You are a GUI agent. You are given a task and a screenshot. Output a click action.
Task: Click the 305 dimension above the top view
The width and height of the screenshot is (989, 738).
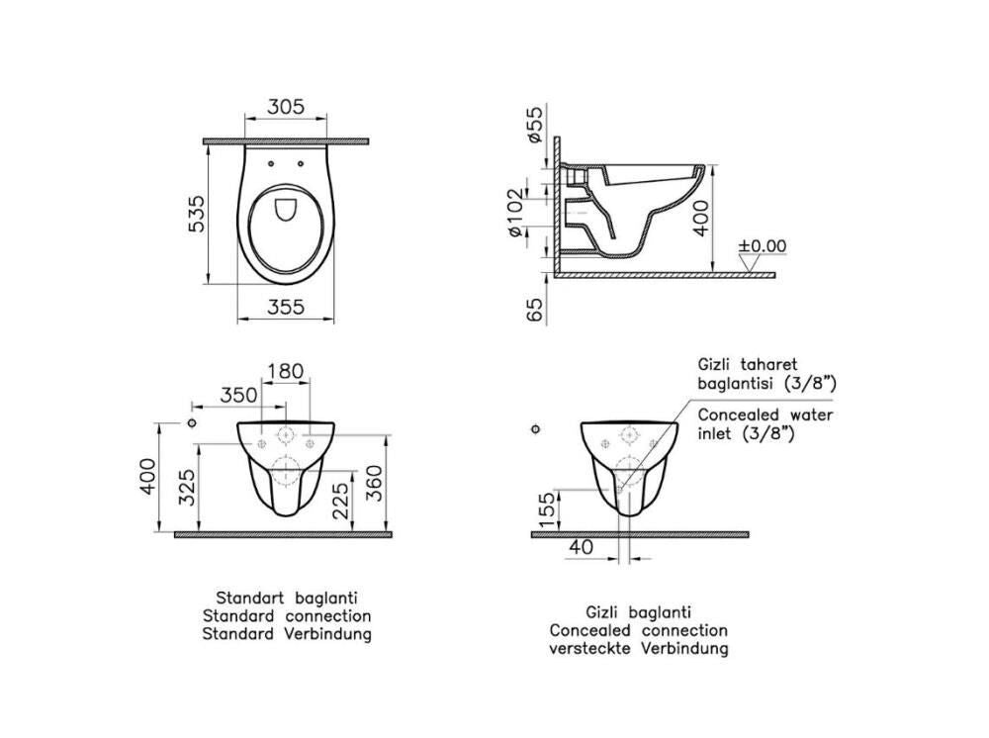click(286, 107)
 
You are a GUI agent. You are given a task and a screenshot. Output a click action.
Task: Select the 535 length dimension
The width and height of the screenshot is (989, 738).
click(198, 214)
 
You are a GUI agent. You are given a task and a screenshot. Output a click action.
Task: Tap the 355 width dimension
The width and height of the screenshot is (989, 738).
click(286, 307)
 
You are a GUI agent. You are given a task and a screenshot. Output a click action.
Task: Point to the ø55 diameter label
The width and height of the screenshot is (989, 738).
click(534, 125)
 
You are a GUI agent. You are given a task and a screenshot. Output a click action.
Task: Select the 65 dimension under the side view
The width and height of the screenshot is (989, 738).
click(535, 310)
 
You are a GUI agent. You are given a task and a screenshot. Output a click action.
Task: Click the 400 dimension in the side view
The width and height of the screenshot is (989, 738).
click(701, 218)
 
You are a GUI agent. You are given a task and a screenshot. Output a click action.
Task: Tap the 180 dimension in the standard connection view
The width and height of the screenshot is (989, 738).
click(285, 371)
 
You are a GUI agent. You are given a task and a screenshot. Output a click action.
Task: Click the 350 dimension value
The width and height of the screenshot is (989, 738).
click(238, 395)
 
